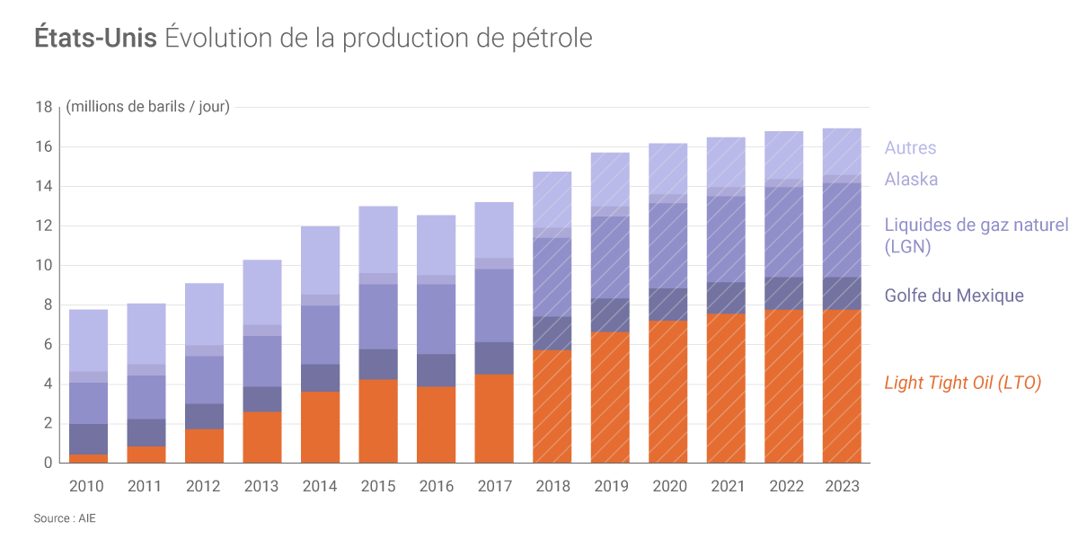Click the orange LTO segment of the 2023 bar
tap(842, 386)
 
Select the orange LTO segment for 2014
tap(320, 427)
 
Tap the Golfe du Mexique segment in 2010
tap(88, 439)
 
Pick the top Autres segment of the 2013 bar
tap(261, 292)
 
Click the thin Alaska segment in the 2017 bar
tap(493, 263)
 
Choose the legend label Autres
tap(910, 148)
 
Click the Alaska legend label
tap(911, 179)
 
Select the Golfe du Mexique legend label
tap(954, 296)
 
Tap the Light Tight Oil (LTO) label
tap(962, 383)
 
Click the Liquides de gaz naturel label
tap(976, 225)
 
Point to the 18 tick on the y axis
tap(43, 107)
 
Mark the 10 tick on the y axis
tap(43, 266)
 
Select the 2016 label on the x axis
tap(437, 486)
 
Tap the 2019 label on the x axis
tap(611, 486)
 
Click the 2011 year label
tap(145, 486)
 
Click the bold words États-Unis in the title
tap(96, 39)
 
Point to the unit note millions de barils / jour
tap(148, 107)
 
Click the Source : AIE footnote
tap(65, 518)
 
